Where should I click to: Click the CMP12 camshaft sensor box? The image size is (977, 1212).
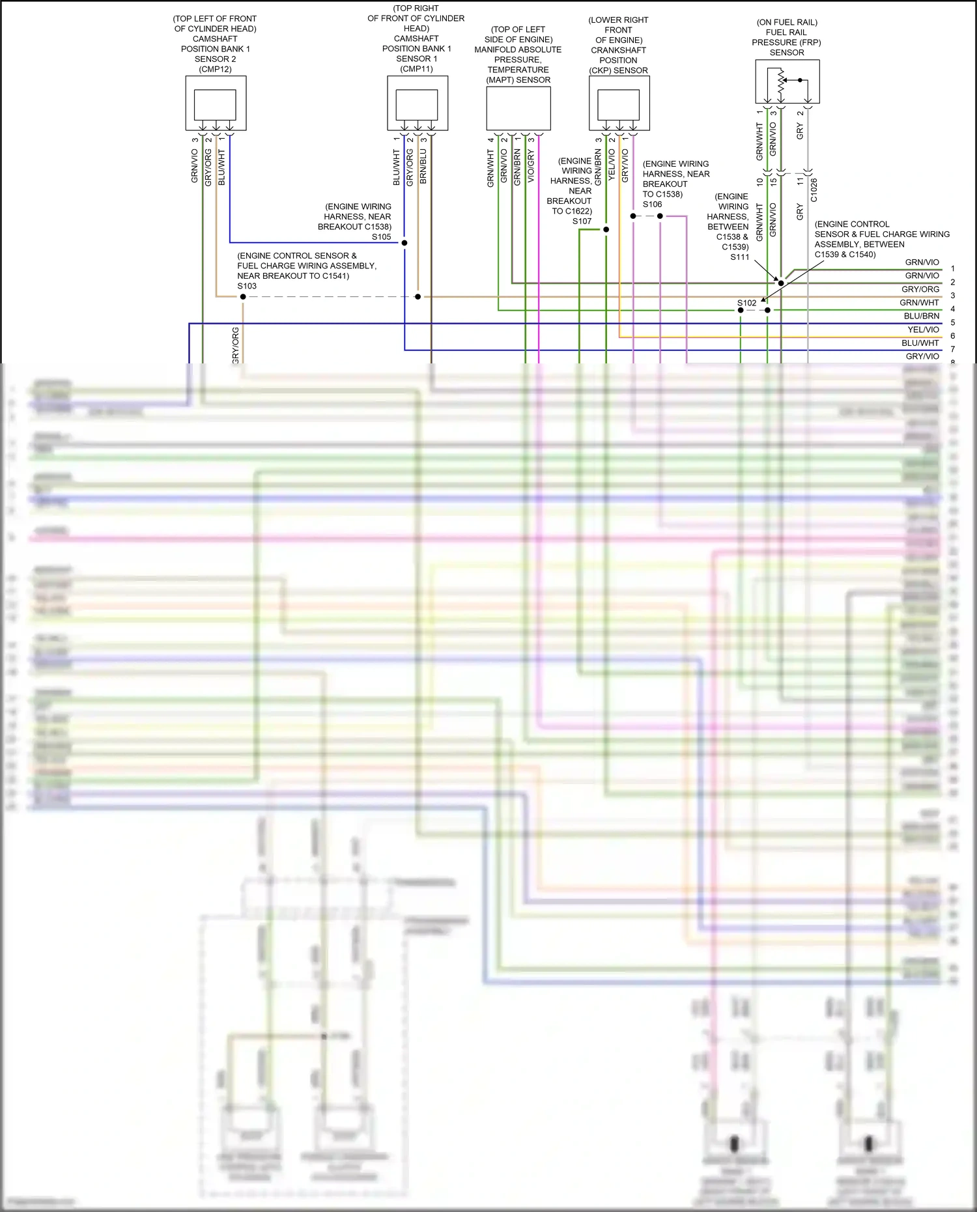(x=216, y=104)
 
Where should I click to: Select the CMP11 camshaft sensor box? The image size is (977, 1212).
(x=417, y=104)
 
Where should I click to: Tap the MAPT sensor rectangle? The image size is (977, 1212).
(x=518, y=108)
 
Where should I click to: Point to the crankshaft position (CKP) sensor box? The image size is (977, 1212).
(x=619, y=104)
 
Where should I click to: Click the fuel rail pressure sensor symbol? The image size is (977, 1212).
(x=787, y=81)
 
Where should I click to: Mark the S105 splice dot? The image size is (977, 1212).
(x=404, y=243)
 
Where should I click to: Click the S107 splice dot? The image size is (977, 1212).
(x=606, y=229)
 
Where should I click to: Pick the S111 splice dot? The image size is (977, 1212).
(x=781, y=283)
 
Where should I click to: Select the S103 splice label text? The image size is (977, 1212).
(x=247, y=286)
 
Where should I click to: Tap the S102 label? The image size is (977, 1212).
(x=746, y=303)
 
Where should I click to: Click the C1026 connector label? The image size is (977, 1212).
(x=814, y=190)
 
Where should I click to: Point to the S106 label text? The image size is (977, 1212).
(x=652, y=204)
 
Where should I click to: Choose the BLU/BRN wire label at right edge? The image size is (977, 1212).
(x=922, y=317)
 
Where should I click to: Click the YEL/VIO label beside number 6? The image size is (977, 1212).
(x=923, y=330)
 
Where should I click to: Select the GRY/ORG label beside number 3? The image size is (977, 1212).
(x=920, y=289)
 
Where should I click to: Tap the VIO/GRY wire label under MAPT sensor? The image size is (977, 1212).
(x=531, y=166)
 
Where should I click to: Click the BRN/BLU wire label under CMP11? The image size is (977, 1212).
(x=423, y=166)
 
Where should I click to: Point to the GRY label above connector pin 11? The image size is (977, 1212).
(x=800, y=130)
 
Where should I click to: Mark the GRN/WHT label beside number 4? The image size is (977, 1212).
(x=919, y=303)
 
